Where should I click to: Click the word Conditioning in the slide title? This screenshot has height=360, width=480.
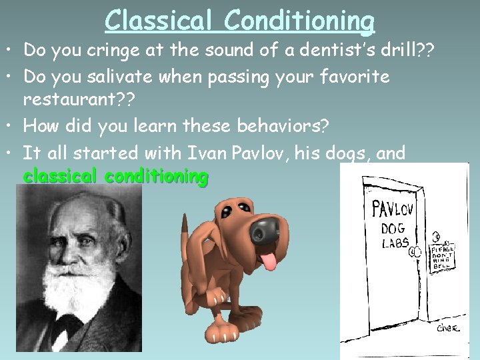click(x=299, y=20)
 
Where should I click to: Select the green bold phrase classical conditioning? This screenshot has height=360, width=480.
click(x=115, y=177)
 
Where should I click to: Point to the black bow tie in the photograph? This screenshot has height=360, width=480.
click(x=67, y=326)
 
